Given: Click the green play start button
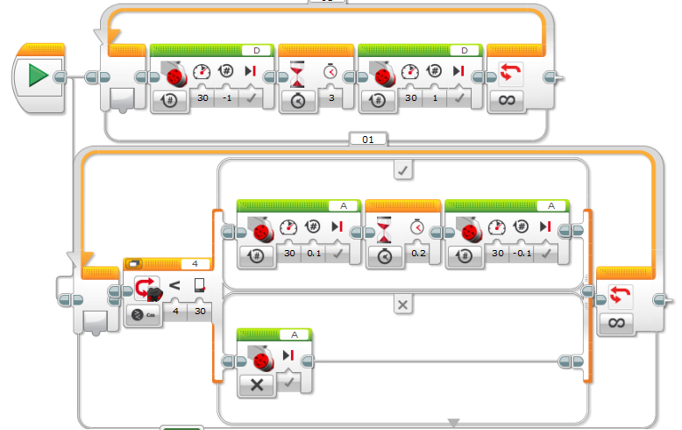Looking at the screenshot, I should [37, 75].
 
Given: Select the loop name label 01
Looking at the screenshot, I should [366, 139].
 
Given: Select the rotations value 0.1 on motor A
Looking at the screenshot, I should [314, 254].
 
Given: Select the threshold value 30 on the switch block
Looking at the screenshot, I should [199, 312].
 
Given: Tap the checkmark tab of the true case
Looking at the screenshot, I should [402, 171].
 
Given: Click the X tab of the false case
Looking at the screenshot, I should [402, 305].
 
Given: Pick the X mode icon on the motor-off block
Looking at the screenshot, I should [256, 383].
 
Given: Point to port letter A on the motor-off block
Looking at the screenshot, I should [295, 334].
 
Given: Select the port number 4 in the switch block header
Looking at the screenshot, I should [195, 262].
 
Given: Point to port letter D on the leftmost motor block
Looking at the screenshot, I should [256, 50].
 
